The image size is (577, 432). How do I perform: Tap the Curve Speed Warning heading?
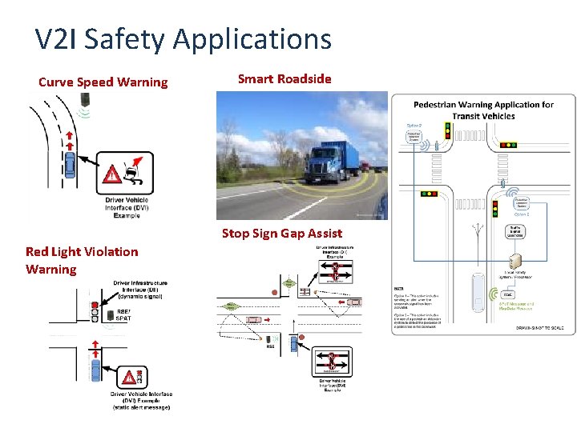(103, 82)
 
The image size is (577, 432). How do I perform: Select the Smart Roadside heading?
(284, 78)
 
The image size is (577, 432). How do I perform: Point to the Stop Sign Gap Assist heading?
(281, 234)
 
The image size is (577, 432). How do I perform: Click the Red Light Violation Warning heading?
(81, 260)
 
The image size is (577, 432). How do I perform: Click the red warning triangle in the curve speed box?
(113, 174)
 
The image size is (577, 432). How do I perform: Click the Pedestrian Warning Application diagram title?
(483, 110)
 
